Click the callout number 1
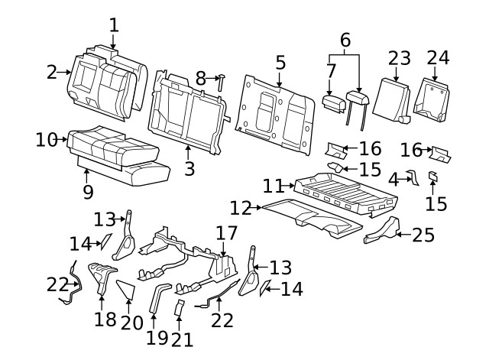click(114, 24)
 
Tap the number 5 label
click(280, 63)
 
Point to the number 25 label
click(423, 235)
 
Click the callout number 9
click(88, 192)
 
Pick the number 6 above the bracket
click(345, 40)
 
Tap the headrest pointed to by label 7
click(333, 102)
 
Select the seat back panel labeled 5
click(275, 111)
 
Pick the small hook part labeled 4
click(413, 179)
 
